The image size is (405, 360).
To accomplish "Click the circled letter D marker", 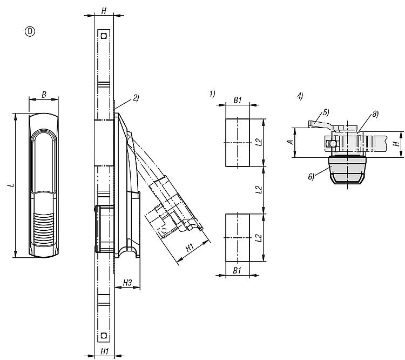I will click(30, 31).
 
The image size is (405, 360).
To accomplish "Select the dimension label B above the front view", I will click(44, 95).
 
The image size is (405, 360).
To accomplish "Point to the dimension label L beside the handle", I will click(11, 185).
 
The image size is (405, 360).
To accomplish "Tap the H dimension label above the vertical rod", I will click(104, 11).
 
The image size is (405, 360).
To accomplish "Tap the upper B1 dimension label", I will click(238, 99).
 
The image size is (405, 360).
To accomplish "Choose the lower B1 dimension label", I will click(238, 271).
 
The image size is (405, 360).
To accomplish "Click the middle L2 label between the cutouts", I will click(259, 190).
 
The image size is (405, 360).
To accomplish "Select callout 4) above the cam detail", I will click(300, 96).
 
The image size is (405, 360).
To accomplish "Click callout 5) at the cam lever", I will click(326, 112).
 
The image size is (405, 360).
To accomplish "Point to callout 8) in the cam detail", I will click(374, 115).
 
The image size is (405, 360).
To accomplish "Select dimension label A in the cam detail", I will click(290, 142).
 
